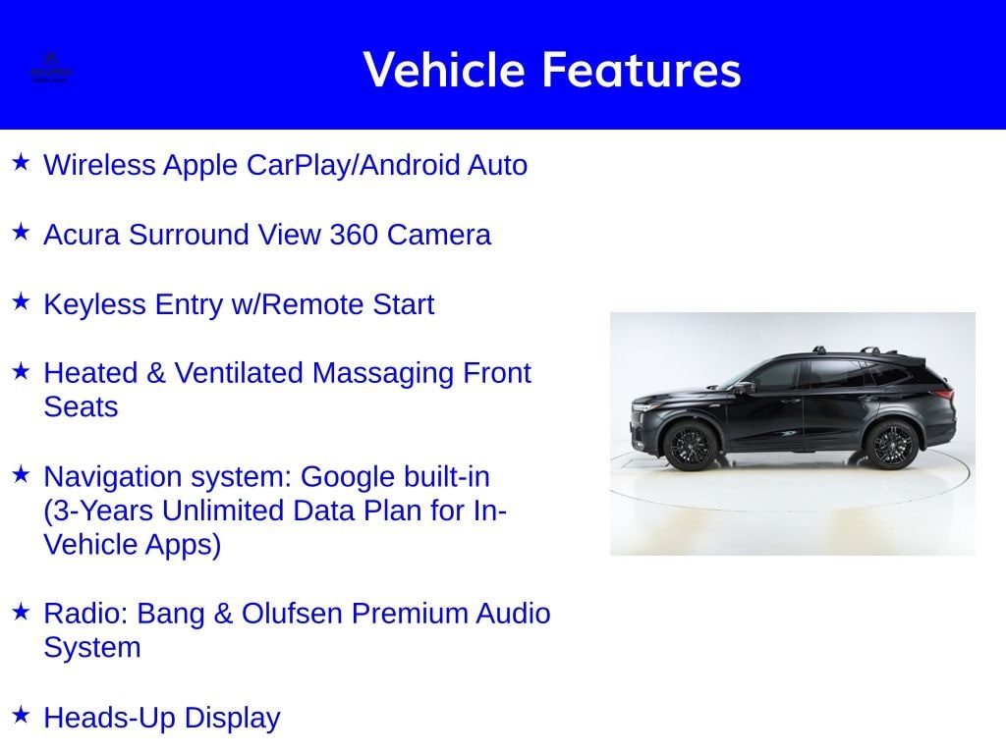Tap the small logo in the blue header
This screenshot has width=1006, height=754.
[x=50, y=70]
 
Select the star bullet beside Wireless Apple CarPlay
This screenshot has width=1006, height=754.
[x=21, y=162]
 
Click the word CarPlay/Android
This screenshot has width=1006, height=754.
[x=352, y=165]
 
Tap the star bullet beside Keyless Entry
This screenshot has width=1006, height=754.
[x=21, y=301]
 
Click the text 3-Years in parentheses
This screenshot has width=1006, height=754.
[x=104, y=511]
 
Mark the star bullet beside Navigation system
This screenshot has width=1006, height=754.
[x=21, y=474]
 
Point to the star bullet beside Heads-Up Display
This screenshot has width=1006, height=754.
[x=21, y=715]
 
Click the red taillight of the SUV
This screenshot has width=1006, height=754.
[x=944, y=395]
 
